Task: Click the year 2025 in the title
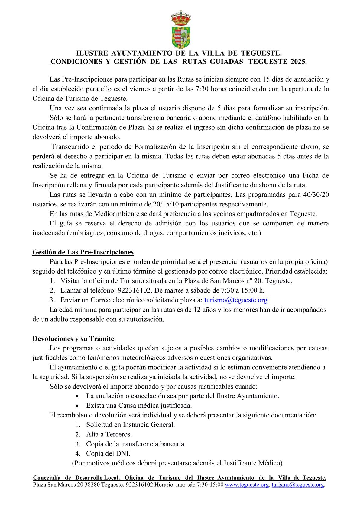pyautogui.click(x=298, y=62)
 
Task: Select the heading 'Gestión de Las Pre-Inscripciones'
pyautogui.click(x=83, y=252)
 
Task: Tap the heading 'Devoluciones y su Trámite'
pyautogui.click(x=73, y=339)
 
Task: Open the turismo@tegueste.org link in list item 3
pyautogui.click(x=236, y=300)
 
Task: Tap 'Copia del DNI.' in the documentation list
pyautogui.click(x=108, y=453)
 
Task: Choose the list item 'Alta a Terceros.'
pyautogui.click(x=109, y=434)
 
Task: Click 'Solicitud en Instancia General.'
pyautogui.click(x=130, y=425)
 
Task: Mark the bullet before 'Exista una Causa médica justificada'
pyautogui.click(x=78, y=406)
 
